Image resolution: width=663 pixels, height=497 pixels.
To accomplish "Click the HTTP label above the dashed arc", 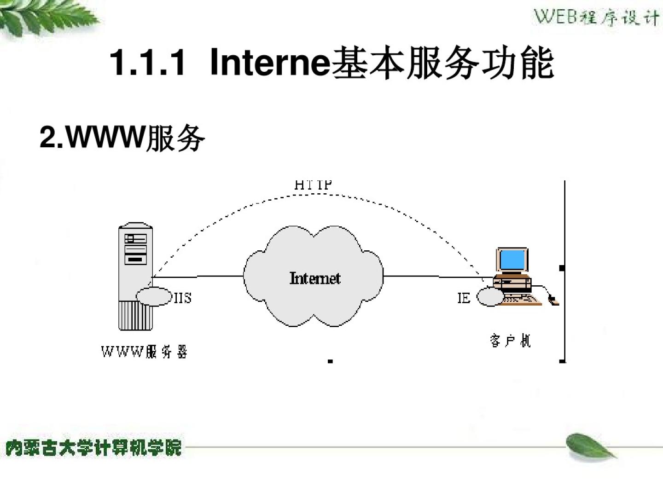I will pos(313,185).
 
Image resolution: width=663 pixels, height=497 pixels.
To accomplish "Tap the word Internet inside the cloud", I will pos(315,278).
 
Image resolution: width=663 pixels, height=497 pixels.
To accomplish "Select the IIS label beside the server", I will pos(183,298).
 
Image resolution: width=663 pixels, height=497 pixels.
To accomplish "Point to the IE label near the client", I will pos(464,298).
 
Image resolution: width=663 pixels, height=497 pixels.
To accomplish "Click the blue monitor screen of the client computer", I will pos(512,260).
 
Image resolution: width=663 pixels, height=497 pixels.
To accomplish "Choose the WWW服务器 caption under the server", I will pos(144,352).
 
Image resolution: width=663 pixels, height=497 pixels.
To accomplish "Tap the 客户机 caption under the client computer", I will pos(510,341).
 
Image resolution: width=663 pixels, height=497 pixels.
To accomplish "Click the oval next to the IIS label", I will pos(154,297).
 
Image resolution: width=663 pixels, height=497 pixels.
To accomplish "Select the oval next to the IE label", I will pos(490,297).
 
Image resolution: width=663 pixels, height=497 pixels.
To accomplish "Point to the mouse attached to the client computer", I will pos(553,301).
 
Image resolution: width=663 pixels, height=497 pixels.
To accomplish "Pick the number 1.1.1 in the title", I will pos(148,63).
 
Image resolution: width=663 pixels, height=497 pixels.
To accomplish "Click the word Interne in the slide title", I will pos(270,63).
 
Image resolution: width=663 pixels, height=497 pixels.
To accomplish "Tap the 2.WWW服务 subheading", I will pos(122,137).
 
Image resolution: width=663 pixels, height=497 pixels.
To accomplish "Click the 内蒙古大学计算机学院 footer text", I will pos(94,448).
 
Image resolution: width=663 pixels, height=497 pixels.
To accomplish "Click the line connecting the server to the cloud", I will pos(198,277).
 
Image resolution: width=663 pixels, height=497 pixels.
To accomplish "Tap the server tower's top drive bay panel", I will pos(135,238).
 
